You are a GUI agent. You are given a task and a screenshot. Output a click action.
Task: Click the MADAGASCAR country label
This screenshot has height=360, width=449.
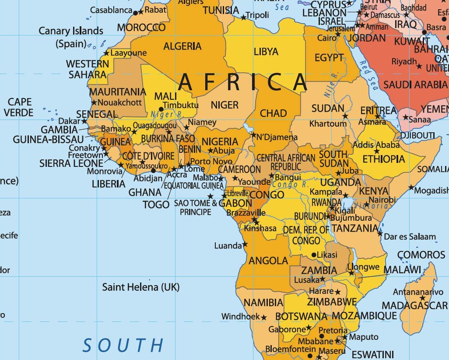415,305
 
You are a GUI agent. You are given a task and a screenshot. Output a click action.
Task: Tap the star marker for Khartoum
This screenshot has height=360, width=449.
345,116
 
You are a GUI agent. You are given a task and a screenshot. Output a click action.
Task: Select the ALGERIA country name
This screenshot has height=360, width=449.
182,46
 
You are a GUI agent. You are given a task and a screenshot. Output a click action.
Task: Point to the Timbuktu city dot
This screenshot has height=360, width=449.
161,109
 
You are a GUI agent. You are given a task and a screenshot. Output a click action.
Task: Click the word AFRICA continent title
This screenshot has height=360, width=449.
243,81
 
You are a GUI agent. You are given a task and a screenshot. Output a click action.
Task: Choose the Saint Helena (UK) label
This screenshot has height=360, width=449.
141,287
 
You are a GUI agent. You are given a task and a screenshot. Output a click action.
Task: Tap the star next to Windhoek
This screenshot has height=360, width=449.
264,317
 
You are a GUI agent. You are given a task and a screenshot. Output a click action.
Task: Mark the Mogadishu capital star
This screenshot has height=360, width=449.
411,187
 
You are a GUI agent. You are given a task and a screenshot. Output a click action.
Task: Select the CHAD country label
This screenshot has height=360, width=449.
273,113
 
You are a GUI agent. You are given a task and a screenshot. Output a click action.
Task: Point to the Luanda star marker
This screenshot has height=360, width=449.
245,244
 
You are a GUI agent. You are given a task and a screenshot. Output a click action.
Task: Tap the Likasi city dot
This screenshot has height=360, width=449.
314,254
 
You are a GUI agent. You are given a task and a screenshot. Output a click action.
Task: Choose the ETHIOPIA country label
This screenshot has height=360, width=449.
384,159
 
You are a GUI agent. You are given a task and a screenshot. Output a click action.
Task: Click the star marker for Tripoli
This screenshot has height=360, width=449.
244,18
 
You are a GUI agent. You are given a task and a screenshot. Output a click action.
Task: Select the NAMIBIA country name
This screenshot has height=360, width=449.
263,302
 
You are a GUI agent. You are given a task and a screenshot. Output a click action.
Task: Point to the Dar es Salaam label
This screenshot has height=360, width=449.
410,237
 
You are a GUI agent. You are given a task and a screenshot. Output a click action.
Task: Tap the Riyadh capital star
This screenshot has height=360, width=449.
419,67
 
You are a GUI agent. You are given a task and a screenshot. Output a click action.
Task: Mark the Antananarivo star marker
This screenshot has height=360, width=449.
422,298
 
